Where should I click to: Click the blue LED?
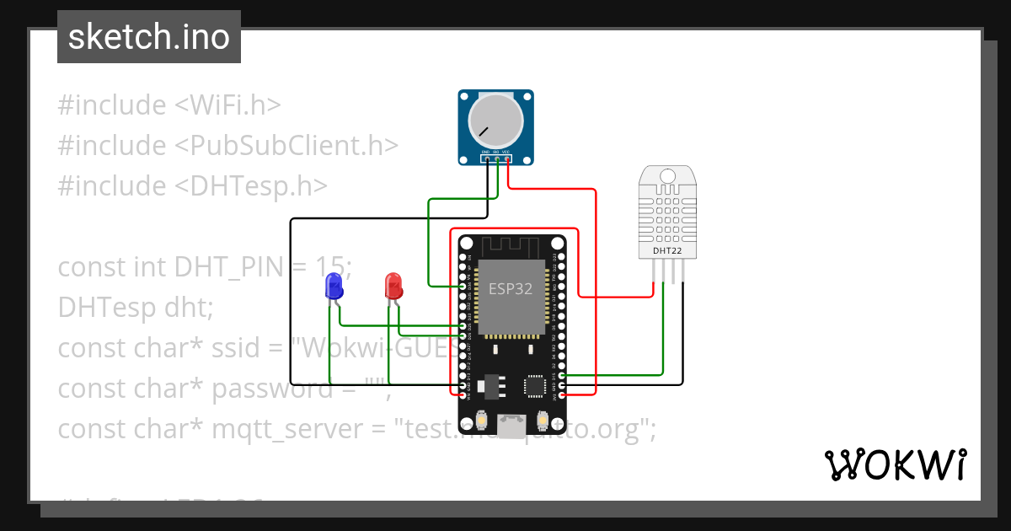pyautogui.click(x=334, y=286)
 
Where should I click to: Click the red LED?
pyautogui.click(x=393, y=286)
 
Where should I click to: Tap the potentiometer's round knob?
pyautogui.click(x=495, y=121)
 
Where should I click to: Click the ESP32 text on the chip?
pyautogui.click(x=511, y=288)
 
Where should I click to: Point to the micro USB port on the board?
pyautogui.click(x=511, y=426)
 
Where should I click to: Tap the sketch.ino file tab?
pyautogui.click(x=149, y=37)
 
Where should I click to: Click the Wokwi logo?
pyautogui.click(x=895, y=464)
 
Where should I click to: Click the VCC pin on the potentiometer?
pyautogui.click(x=508, y=158)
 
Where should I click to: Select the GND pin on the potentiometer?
pyautogui.click(x=487, y=158)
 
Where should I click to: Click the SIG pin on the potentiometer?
pyautogui.click(x=497, y=158)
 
